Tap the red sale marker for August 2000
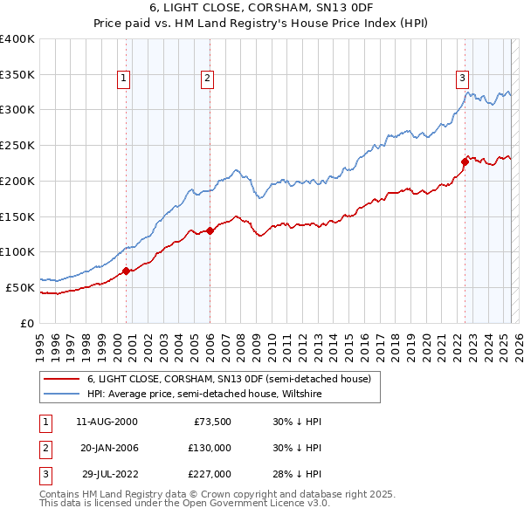point(126,271)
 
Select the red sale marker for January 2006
point(210,230)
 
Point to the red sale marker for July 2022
point(465,161)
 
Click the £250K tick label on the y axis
point(17,145)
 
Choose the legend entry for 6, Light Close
point(229,379)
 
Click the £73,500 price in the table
point(211,422)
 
